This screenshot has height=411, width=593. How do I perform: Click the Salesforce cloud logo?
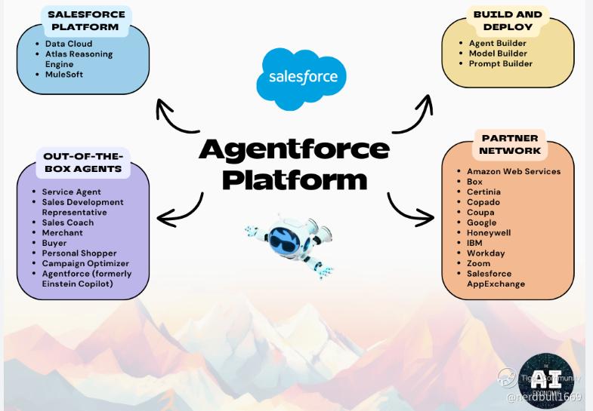coord(301,78)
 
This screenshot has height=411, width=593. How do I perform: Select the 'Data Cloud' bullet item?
coord(69,44)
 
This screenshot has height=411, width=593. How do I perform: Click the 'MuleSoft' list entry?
coord(64,75)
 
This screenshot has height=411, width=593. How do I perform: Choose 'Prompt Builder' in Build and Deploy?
coord(500,63)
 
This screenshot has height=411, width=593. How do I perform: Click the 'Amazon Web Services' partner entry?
coord(514,171)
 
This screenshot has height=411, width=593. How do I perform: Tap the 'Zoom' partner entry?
coord(478,263)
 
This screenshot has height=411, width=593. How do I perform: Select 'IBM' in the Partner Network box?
coord(474,243)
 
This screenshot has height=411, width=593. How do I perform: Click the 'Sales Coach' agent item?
coord(68,222)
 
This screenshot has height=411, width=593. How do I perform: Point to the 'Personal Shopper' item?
coord(79,253)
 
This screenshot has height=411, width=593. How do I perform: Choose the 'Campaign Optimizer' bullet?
coord(85,263)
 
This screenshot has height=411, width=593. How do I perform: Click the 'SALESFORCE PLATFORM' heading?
coord(83,20)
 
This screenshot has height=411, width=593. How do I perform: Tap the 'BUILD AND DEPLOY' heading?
coord(508,20)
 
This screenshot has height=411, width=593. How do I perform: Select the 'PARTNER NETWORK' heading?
coord(510,144)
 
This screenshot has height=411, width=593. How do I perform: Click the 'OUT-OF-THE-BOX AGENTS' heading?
coord(82,162)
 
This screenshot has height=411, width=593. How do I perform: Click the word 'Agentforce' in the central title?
coord(294,149)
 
